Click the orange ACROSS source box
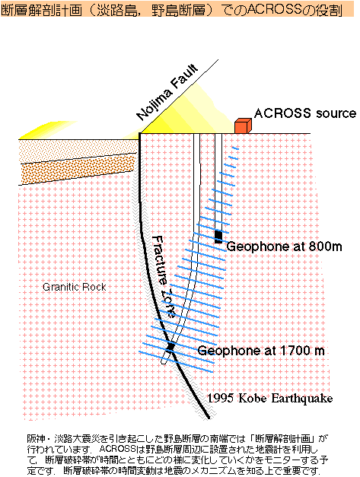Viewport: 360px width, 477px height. click(243, 126)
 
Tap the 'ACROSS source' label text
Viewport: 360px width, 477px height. click(305, 113)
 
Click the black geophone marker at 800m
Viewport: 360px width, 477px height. click(218, 237)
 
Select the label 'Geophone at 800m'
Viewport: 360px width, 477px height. click(284, 246)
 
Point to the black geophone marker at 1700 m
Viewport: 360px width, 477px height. click(170, 346)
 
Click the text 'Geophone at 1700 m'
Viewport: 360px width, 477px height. click(261, 351)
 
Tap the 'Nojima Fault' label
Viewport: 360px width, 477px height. click(167, 93)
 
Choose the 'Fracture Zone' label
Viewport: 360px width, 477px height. click(163, 276)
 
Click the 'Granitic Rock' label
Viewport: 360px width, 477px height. click(75, 287)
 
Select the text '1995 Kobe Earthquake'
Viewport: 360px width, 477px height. click(270, 398)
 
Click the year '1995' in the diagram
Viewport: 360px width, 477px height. click(220, 398)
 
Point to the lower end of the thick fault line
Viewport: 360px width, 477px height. click(209, 418)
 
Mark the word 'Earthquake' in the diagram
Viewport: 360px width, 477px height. click(302, 398)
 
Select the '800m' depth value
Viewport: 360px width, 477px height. click(325, 246)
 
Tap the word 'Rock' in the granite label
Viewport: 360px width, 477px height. click(95, 287)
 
